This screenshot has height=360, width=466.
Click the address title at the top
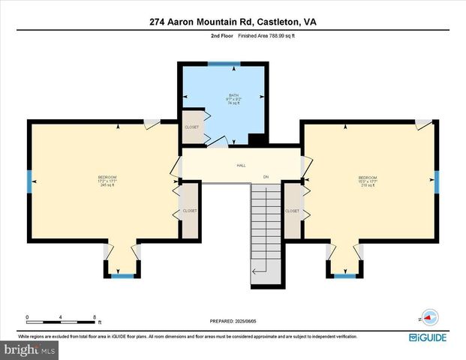pos(233,22)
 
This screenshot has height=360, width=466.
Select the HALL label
pos(242,165)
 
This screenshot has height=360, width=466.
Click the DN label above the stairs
pos(265,177)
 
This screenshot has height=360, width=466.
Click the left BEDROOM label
pos(107,177)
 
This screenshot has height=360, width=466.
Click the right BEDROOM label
pos(367,178)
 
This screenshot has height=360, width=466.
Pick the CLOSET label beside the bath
pos(192,127)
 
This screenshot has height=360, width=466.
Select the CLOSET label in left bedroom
pos(190,211)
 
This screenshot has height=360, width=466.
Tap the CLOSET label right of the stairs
pos(292,211)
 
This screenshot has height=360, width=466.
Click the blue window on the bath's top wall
pos(220,64)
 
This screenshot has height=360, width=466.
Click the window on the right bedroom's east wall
pos(437,181)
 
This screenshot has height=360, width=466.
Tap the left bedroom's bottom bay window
pos(122,276)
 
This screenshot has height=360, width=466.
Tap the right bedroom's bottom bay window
pos(345,276)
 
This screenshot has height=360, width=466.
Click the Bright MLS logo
pos(29,350)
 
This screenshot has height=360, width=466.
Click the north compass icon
pos(428,317)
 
